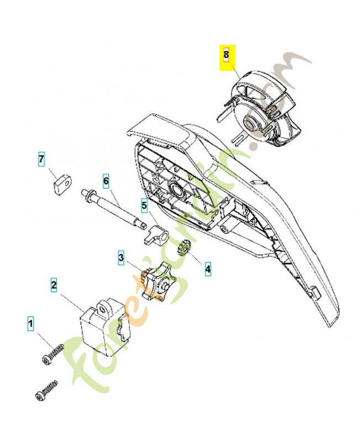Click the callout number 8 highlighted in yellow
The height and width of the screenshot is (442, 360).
(x=226, y=55)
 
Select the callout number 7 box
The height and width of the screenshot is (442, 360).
(x=41, y=160)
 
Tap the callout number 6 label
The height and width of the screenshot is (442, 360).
(x=106, y=180)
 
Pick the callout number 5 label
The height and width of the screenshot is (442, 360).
(x=144, y=206)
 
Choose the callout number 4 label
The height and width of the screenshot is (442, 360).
(x=208, y=269)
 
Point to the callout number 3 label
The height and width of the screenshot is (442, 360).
(x=121, y=257)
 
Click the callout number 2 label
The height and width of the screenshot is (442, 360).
(x=54, y=285)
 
